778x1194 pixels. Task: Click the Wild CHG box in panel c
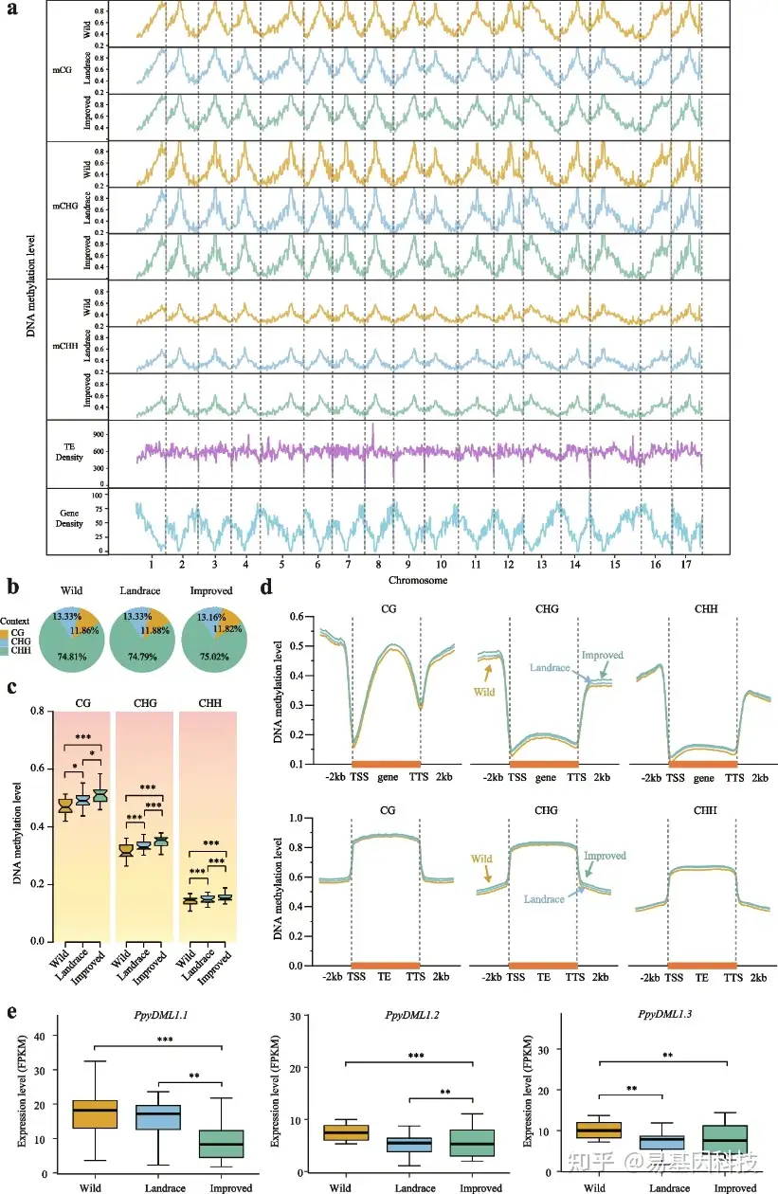pyautogui.click(x=125, y=848)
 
